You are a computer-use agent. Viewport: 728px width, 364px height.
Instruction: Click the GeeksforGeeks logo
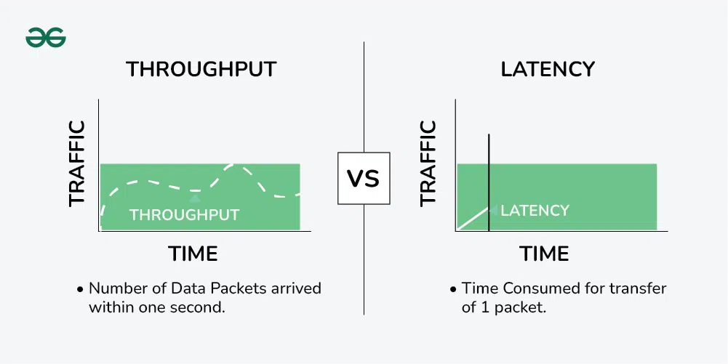point(46,39)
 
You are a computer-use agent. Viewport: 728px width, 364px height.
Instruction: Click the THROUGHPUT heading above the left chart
point(201,69)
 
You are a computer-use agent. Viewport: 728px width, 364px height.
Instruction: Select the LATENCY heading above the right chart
point(548,69)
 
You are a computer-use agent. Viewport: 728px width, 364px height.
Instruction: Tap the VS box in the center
point(364,178)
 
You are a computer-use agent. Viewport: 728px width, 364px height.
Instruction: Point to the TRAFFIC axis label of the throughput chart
point(76,163)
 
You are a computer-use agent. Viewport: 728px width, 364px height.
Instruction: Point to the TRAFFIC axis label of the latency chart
point(428,163)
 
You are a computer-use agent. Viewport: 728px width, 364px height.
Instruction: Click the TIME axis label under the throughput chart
point(193,254)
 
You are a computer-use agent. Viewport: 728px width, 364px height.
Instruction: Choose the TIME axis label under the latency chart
point(544,254)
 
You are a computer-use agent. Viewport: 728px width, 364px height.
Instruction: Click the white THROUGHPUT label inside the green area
point(184,215)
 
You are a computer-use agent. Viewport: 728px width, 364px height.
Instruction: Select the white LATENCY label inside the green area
point(535,211)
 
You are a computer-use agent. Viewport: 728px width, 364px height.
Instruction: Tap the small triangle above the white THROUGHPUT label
point(193,198)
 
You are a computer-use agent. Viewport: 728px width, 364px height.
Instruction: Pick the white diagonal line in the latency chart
point(473,219)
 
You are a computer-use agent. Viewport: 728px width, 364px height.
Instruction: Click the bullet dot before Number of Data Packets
point(80,289)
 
